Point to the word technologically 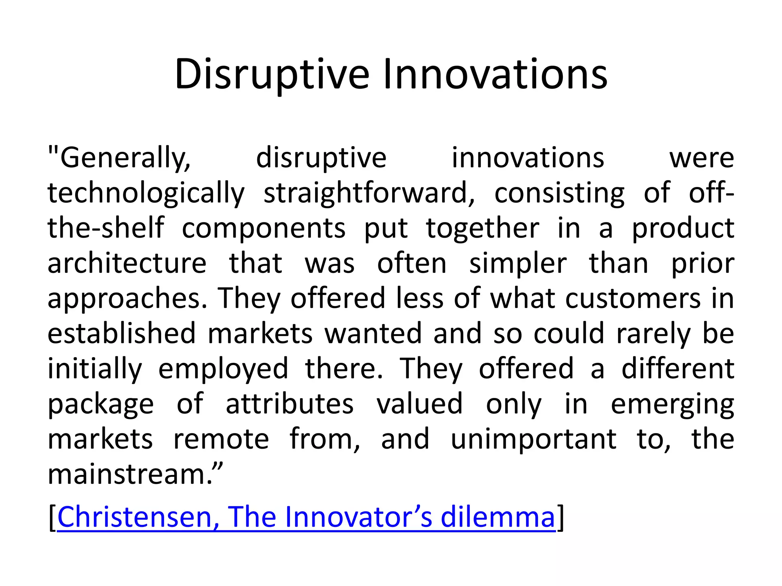pyautogui.click(x=146, y=193)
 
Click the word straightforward pyautogui.click(x=369, y=193)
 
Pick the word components pyautogui.click(x=263, y=229)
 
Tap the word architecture pyautogui.click(x=127, y=264)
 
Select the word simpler pyautogui.click(x=518, y=264)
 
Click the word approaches pyautogui.click(x=128, y=299)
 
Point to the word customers pyautogui.click(x=633, y=299)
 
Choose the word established pyautogui.click(x=121, y=334)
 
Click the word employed pyautogui.click(x=223, y=369)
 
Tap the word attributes pyautogui.click(x=289, y=404)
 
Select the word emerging pyautogui.click(x=672, y=404)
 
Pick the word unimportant pyautogui.click(x=533, y=439)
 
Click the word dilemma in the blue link pyautogui.click(x=498, y=517)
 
